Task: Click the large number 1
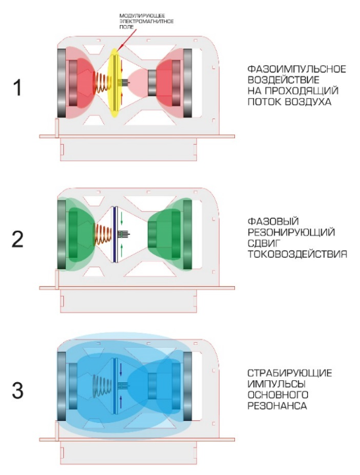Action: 18,88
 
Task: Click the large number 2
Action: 18,239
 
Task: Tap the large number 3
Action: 18,391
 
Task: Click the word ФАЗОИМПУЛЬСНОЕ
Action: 297,69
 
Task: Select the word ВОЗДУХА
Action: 308,102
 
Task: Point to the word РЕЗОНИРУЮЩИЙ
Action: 291,232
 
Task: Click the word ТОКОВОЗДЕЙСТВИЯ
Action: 297,254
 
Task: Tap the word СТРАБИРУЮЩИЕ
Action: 290,373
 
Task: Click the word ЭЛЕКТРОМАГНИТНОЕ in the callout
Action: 146,21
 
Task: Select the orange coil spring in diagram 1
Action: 100,83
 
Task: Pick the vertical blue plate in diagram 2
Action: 115,234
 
